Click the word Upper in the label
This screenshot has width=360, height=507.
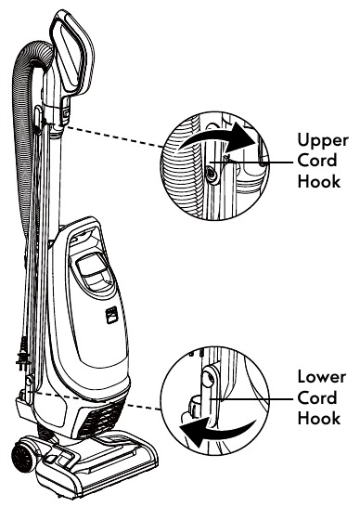click(319, 138)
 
